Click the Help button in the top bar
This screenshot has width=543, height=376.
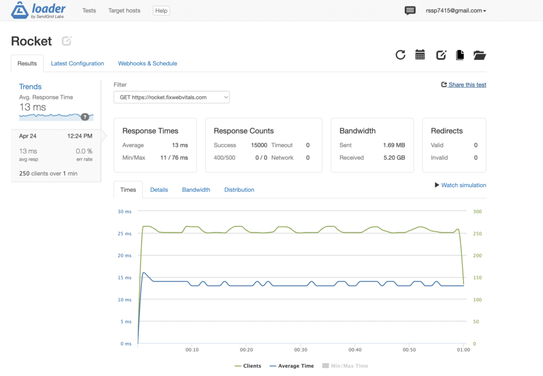161,11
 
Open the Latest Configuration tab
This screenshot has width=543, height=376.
77,63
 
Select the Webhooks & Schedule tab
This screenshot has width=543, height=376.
147,63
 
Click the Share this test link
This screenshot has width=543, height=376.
463,85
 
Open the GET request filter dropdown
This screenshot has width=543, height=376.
171,97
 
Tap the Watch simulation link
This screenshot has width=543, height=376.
460,185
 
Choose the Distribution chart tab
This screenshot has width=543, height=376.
239,190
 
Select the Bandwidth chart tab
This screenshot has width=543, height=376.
196,190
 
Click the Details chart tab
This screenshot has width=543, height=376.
159,190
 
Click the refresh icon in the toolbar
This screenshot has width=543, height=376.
400,55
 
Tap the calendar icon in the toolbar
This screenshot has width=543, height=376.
420,55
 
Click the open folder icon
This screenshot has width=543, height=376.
479,55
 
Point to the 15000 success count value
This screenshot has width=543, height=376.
259,145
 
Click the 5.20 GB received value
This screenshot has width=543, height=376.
394,158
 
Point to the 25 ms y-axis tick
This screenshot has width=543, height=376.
125,234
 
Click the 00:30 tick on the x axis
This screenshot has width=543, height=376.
301,349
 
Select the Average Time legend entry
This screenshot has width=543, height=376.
292,366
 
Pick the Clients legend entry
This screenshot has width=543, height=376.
248,366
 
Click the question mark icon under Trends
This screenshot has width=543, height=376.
85,117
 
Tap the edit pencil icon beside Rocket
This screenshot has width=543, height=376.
66,41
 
